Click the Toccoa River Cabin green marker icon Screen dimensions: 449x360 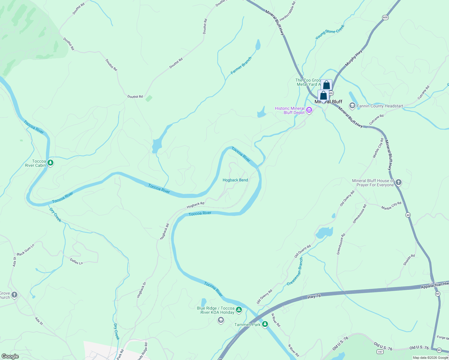coord(50,163)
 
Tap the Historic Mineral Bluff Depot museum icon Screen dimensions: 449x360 coord(309,111)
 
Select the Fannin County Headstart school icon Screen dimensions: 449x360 coord(352,106)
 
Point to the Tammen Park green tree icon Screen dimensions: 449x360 coord(265,324)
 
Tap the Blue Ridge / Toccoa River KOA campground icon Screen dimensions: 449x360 coord(239,310)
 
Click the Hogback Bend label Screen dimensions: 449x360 coord(235,180)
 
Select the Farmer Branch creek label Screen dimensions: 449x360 coord(241,66)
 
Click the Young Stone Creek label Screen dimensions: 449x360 coord(330,32)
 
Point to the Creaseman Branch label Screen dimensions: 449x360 coord(295,271)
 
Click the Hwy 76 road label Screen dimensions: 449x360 coord(314,296)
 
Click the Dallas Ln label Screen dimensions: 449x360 coord(76,261)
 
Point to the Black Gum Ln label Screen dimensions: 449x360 coord(26,250)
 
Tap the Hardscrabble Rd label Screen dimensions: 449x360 coord(288,11)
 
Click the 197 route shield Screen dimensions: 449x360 coord(380,352)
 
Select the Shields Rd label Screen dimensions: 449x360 coord(409,260)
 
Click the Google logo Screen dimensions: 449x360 coord(10,356)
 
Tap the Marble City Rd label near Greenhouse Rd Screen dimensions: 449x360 coord(391,206)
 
